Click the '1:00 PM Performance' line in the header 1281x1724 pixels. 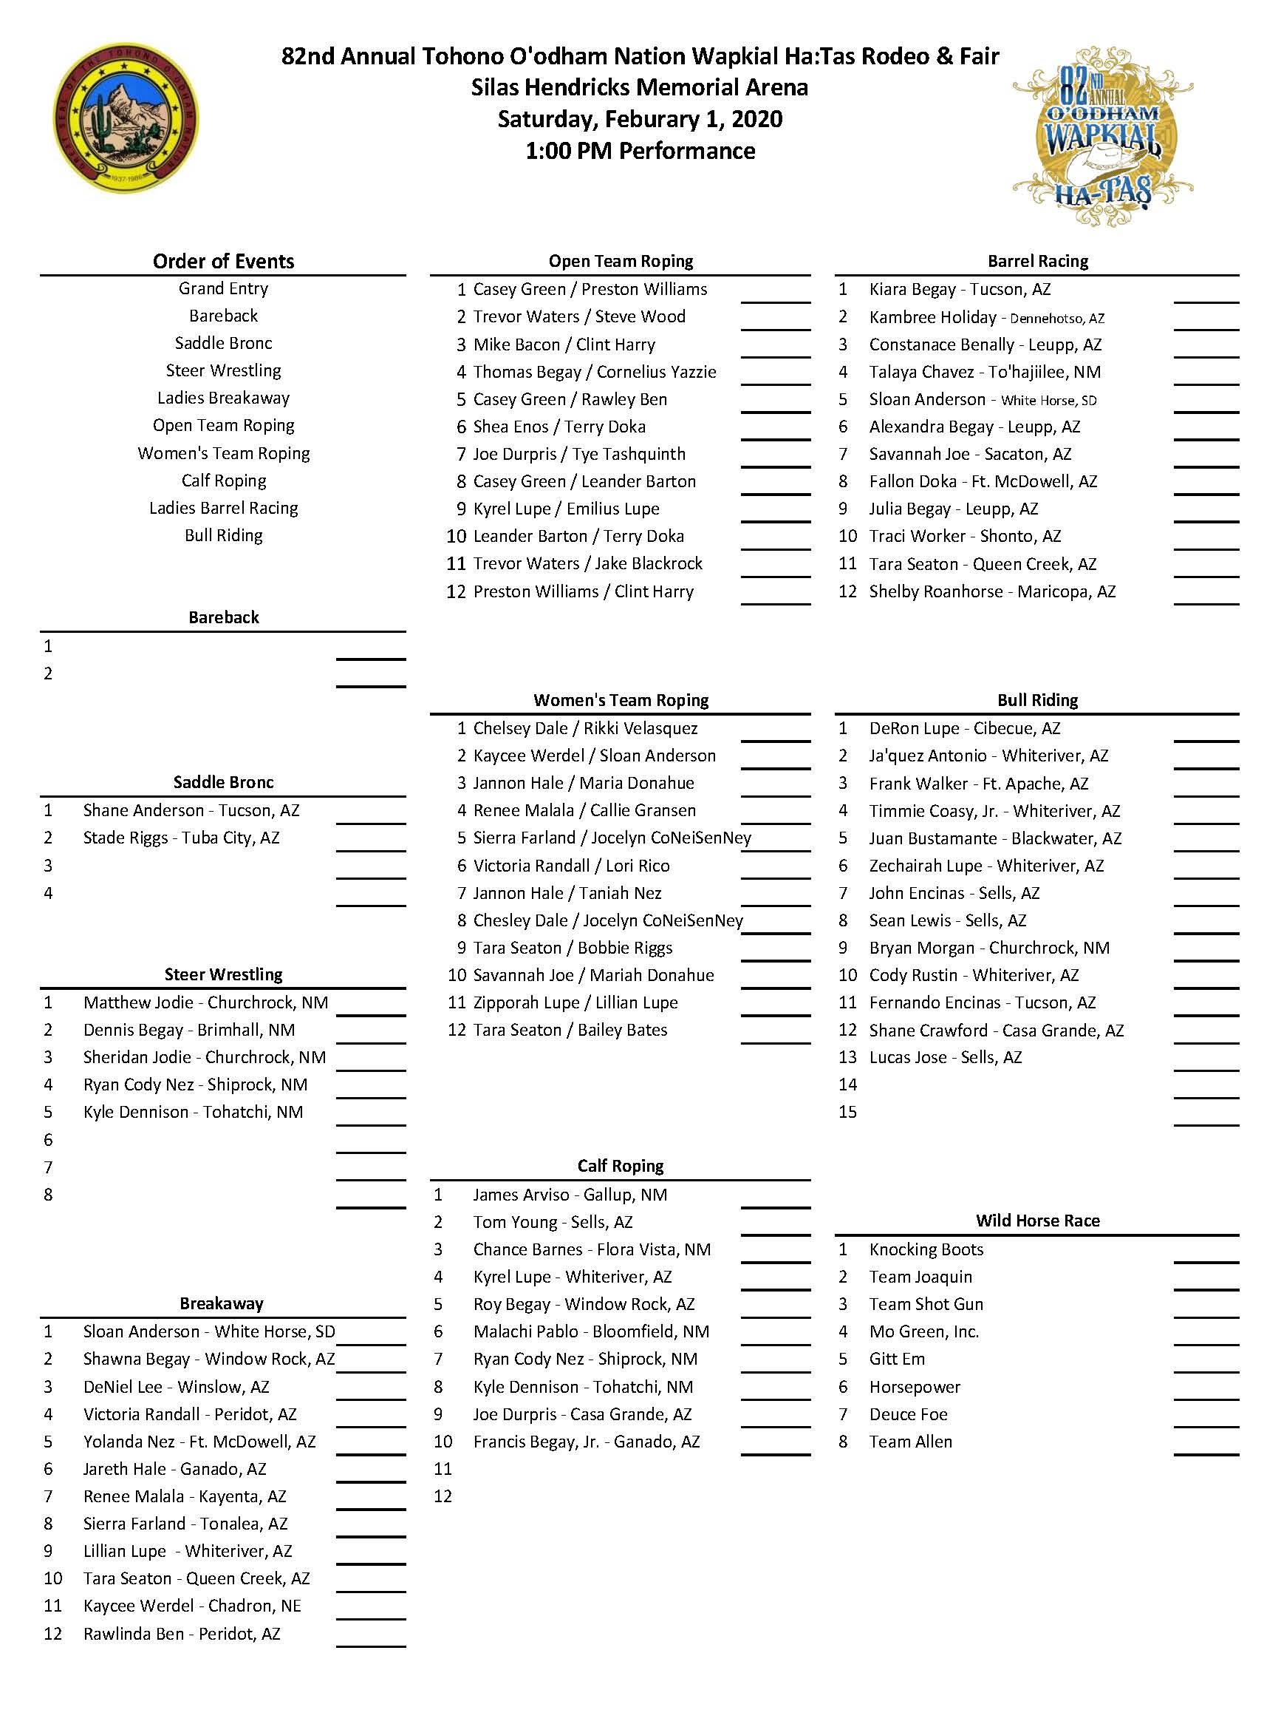coord(640,151)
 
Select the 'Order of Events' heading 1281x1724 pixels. coord(223,262)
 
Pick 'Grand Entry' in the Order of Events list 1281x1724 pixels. coord(223,288)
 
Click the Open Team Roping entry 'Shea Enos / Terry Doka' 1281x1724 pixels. coord(558,427)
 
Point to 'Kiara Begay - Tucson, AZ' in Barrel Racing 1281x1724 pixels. coord(959,289)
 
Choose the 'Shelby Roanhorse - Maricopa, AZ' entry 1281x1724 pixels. coord(991,591)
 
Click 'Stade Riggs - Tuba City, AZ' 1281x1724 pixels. coord(181,838)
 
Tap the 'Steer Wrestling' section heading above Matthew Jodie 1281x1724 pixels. coord(223,974)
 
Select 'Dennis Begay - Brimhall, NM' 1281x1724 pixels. coord(188,1031)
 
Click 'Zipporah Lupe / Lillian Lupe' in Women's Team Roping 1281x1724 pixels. coord(575,1002)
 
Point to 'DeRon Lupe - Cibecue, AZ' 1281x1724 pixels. coord(964,728)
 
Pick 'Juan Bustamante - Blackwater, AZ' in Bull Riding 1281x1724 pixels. coord(995,838)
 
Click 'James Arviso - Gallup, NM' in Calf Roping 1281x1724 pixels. coord(570,1195)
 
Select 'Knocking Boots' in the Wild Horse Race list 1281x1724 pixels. coord(926,1249)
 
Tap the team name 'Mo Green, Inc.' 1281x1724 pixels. coord(923,1331)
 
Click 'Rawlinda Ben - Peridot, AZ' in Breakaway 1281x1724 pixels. coord(182,1634)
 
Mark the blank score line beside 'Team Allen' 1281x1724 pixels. coord(1206,1456)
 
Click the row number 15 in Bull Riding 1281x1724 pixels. coord(847,1112)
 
